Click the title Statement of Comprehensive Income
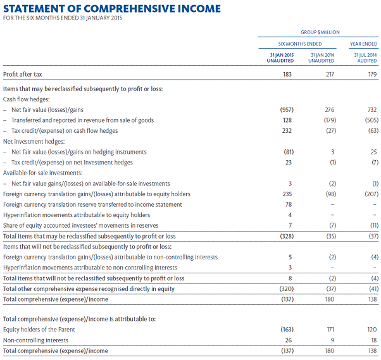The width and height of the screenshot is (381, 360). pos(113,8)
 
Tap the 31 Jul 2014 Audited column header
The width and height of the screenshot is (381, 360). pos(365,58)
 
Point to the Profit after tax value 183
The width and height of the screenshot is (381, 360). pos(288,75)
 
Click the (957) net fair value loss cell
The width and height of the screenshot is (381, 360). pos(287,109)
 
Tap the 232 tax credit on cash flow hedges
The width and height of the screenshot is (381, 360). pos(288,131)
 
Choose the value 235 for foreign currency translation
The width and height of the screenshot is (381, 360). pos(288,194)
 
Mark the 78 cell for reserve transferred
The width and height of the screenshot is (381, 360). pos(290,204)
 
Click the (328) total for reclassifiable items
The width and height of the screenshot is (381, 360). pos(287,236)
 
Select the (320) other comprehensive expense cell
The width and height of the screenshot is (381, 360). pos(287,289)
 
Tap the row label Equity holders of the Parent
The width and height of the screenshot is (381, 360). pos(39,330)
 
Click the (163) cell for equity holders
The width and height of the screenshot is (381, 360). pos(287,330)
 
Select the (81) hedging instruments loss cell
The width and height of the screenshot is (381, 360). pos(288,152)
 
